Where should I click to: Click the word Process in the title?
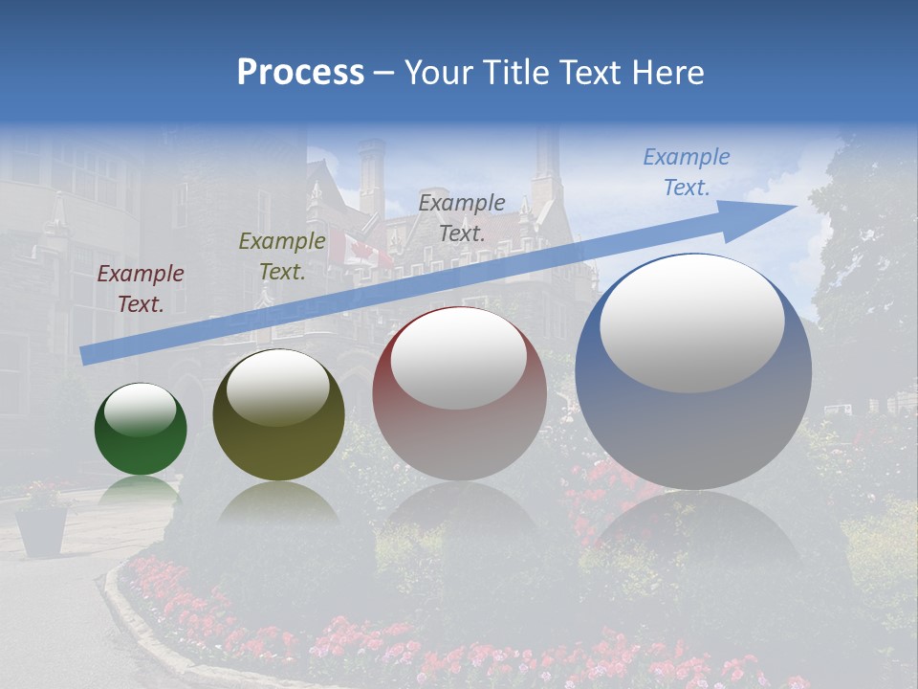[x=300, y=73]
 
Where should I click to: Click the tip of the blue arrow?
[x=794, y=207]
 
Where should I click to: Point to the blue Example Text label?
[x=686, y=172]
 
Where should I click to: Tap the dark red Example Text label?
[x=141, y=289]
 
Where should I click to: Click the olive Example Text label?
[x=281, y=256]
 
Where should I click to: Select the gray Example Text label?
[x=462, y=217]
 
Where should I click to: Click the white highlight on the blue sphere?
[x=691, y=323]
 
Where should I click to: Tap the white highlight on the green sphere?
[x=141, y=410]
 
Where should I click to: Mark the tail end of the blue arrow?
[x=86, y=355]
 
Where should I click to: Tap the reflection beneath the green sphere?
[x=141, y=490]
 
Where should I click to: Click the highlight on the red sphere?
[x=458, y=359]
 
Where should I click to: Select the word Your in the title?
[x=439, y=73]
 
